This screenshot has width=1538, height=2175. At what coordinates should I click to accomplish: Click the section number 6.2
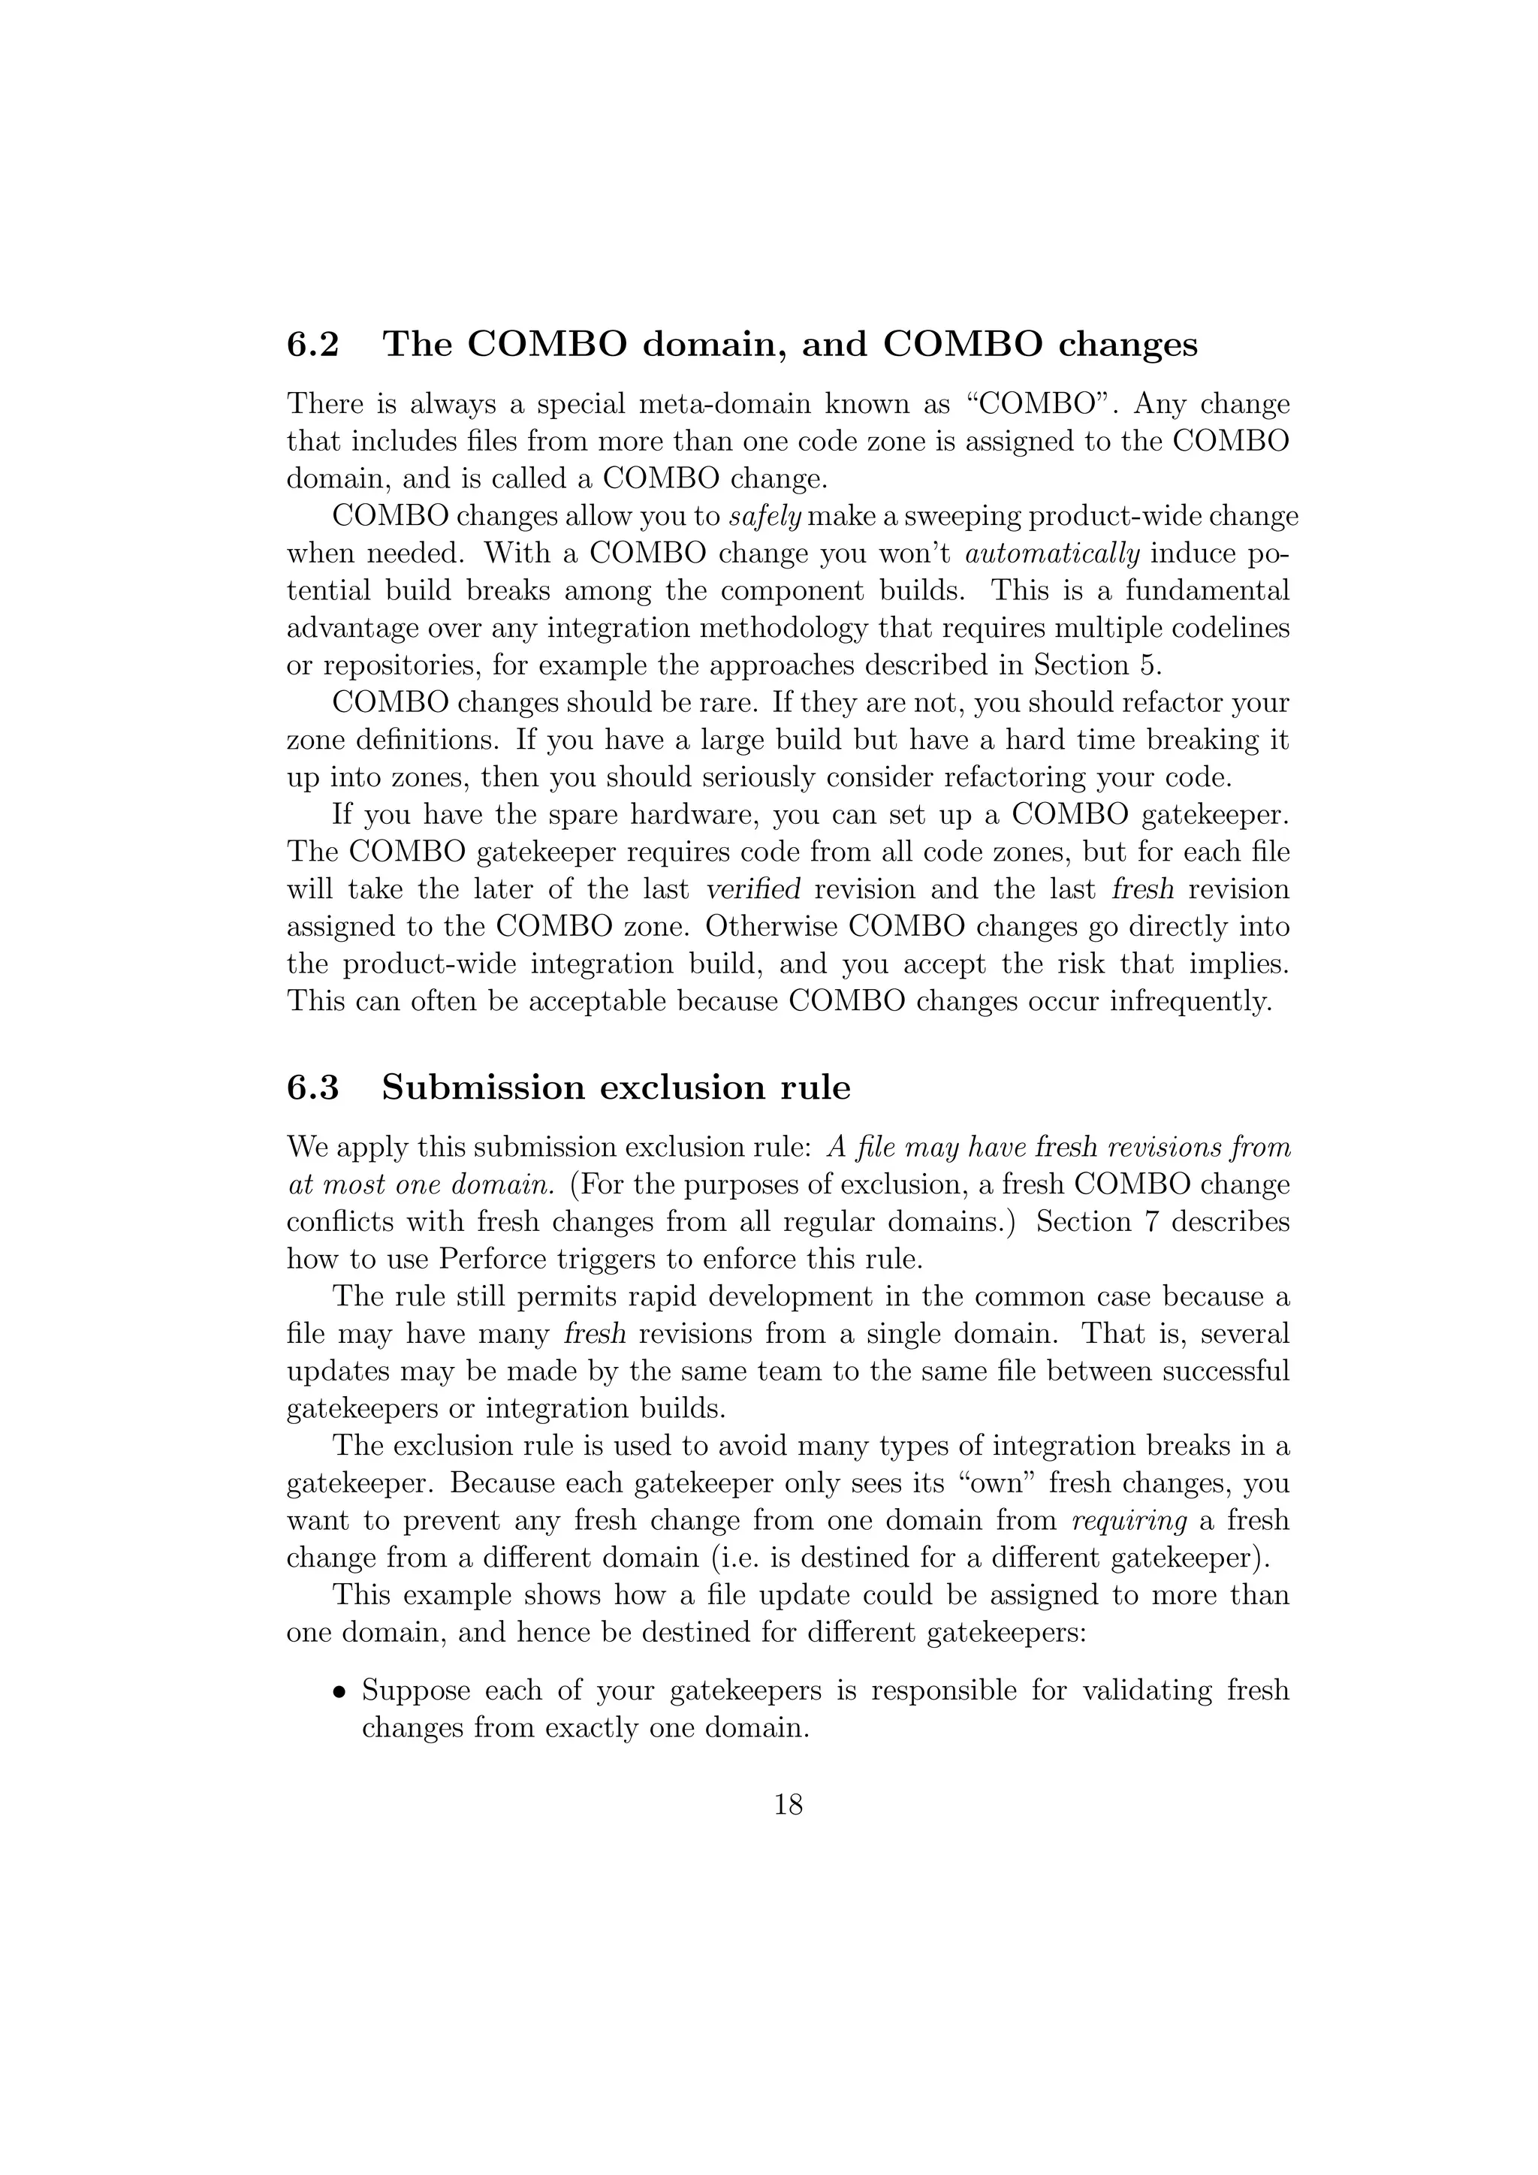(312, 345)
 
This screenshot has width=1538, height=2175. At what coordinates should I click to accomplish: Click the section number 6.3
(312, 1087)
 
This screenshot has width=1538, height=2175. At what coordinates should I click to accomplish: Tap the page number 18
(788, 1805)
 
